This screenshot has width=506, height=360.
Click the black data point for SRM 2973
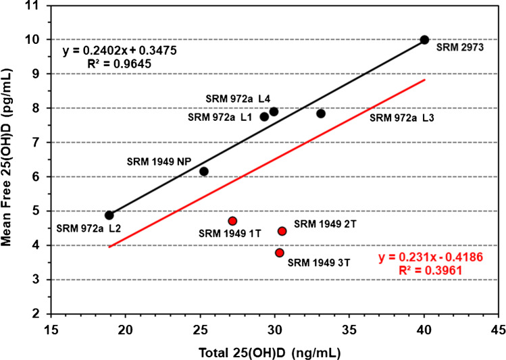tap(424, 40)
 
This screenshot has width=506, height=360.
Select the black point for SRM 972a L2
tap(109, 215)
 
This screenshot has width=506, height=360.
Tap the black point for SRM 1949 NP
tap(204, 172)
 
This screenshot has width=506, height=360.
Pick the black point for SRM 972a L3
tap(321, 113)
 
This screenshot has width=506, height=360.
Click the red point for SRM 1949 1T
tap(232, 221)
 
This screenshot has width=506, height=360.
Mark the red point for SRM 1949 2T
tap(282, 231)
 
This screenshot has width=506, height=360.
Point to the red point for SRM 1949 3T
tap(280, 253)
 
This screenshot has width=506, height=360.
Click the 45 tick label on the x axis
tap(499, 330)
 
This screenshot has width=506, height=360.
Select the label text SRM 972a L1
tap(219, 118)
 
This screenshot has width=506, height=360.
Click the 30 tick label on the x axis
tap(274, 330)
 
